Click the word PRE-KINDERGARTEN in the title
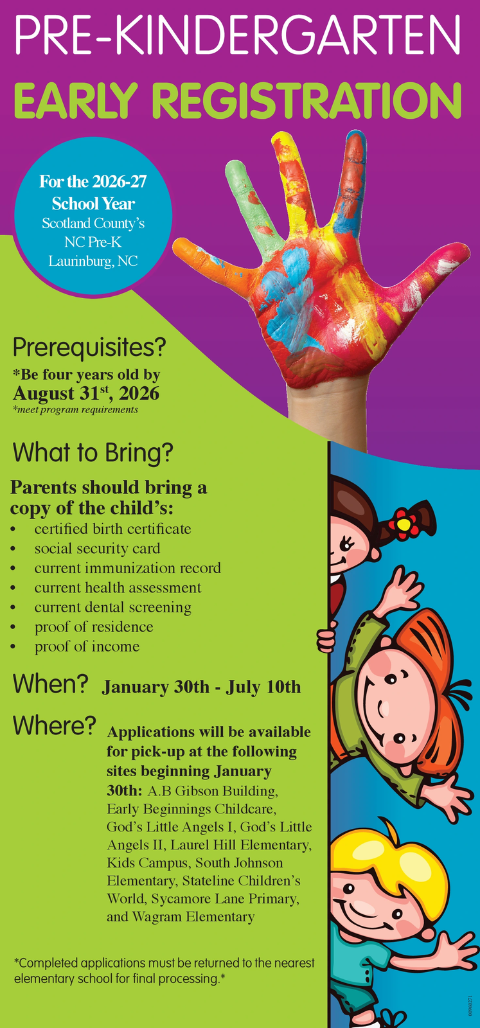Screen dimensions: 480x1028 click(237, 35)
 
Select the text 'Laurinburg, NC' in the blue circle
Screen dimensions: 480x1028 click(93, 261)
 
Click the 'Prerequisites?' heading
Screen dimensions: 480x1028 click(89, 348)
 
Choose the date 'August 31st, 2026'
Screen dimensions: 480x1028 click(86, 393)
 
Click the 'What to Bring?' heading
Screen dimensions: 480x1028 click(93, 453)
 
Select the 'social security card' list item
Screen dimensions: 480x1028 click(97, 549)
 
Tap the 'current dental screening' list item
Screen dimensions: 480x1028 click(113, 607)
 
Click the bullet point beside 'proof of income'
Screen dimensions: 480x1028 click(13, 647)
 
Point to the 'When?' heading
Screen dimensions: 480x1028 click(50, 684)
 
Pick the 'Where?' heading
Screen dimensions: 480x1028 click(54, 725)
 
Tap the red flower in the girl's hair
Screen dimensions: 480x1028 click(403, 524)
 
